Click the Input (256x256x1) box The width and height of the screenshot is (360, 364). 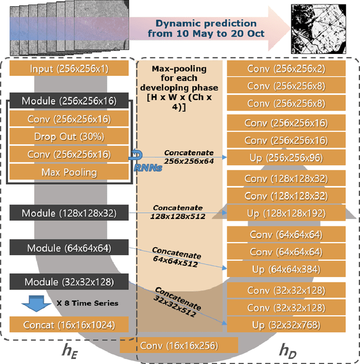click(69, 69)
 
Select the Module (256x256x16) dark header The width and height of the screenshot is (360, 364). click(69, 101)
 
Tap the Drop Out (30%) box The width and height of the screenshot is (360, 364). click(69, 136)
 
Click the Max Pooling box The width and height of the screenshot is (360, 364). click(69, 171)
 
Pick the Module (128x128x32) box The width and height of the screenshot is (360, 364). click(69, 213)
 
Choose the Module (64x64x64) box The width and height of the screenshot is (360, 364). click(69, 248)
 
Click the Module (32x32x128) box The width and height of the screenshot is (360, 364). click(69, 281)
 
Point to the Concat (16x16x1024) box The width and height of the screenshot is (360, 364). click(69, 325)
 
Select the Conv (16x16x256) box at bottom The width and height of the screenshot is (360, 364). click(178, 346)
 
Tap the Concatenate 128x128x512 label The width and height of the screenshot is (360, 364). click(177, 212)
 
